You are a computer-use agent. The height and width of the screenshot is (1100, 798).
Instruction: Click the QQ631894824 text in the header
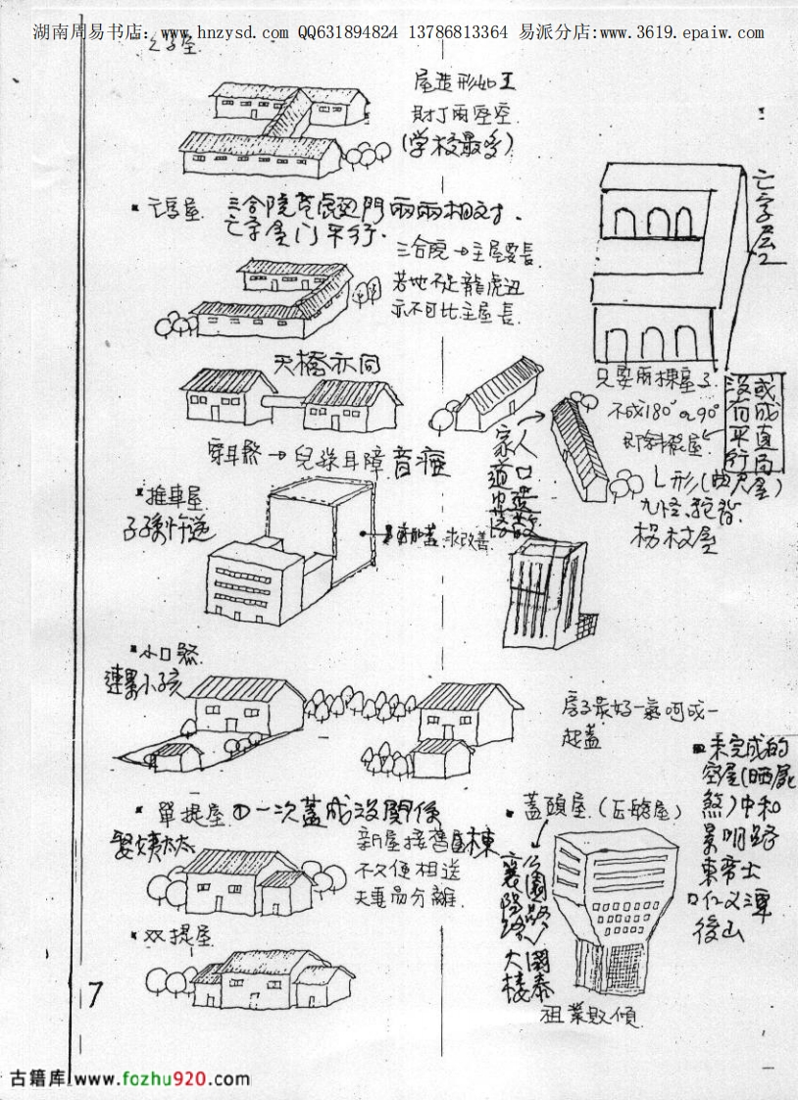pos(348,32)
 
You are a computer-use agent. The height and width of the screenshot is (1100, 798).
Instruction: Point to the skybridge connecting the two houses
pos(289,402)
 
